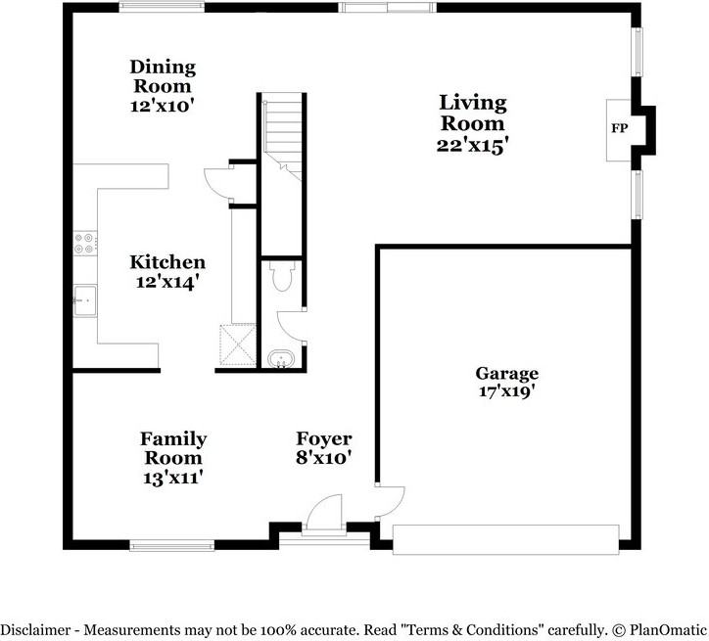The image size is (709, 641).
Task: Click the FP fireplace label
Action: tap(620, 128)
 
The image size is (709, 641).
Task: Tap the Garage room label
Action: tap(507, 374)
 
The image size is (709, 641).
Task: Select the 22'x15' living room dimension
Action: tap(470, 146)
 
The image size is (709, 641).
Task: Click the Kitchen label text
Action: tap(167, 262)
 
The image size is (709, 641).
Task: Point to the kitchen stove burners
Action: tap(85, 243)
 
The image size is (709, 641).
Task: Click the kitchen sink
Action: tap(85, 300)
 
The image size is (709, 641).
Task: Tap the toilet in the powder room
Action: tap(282, 276)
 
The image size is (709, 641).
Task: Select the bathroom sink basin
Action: tap(281, 359)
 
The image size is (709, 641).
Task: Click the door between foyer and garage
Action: tap(391, 502)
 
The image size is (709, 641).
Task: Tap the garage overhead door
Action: tap(505, 539)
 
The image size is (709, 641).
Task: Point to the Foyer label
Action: tap(324, 438)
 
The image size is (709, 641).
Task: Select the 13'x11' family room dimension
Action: tap(172, 478)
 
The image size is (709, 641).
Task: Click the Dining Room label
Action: tap(163, 76)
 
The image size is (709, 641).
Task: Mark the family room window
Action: tap(171, 546)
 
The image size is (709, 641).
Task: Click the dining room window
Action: tap(162, 7)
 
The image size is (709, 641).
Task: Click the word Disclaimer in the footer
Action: tap(35, 629)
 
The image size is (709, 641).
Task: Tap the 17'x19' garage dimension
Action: tap(507, 391)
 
